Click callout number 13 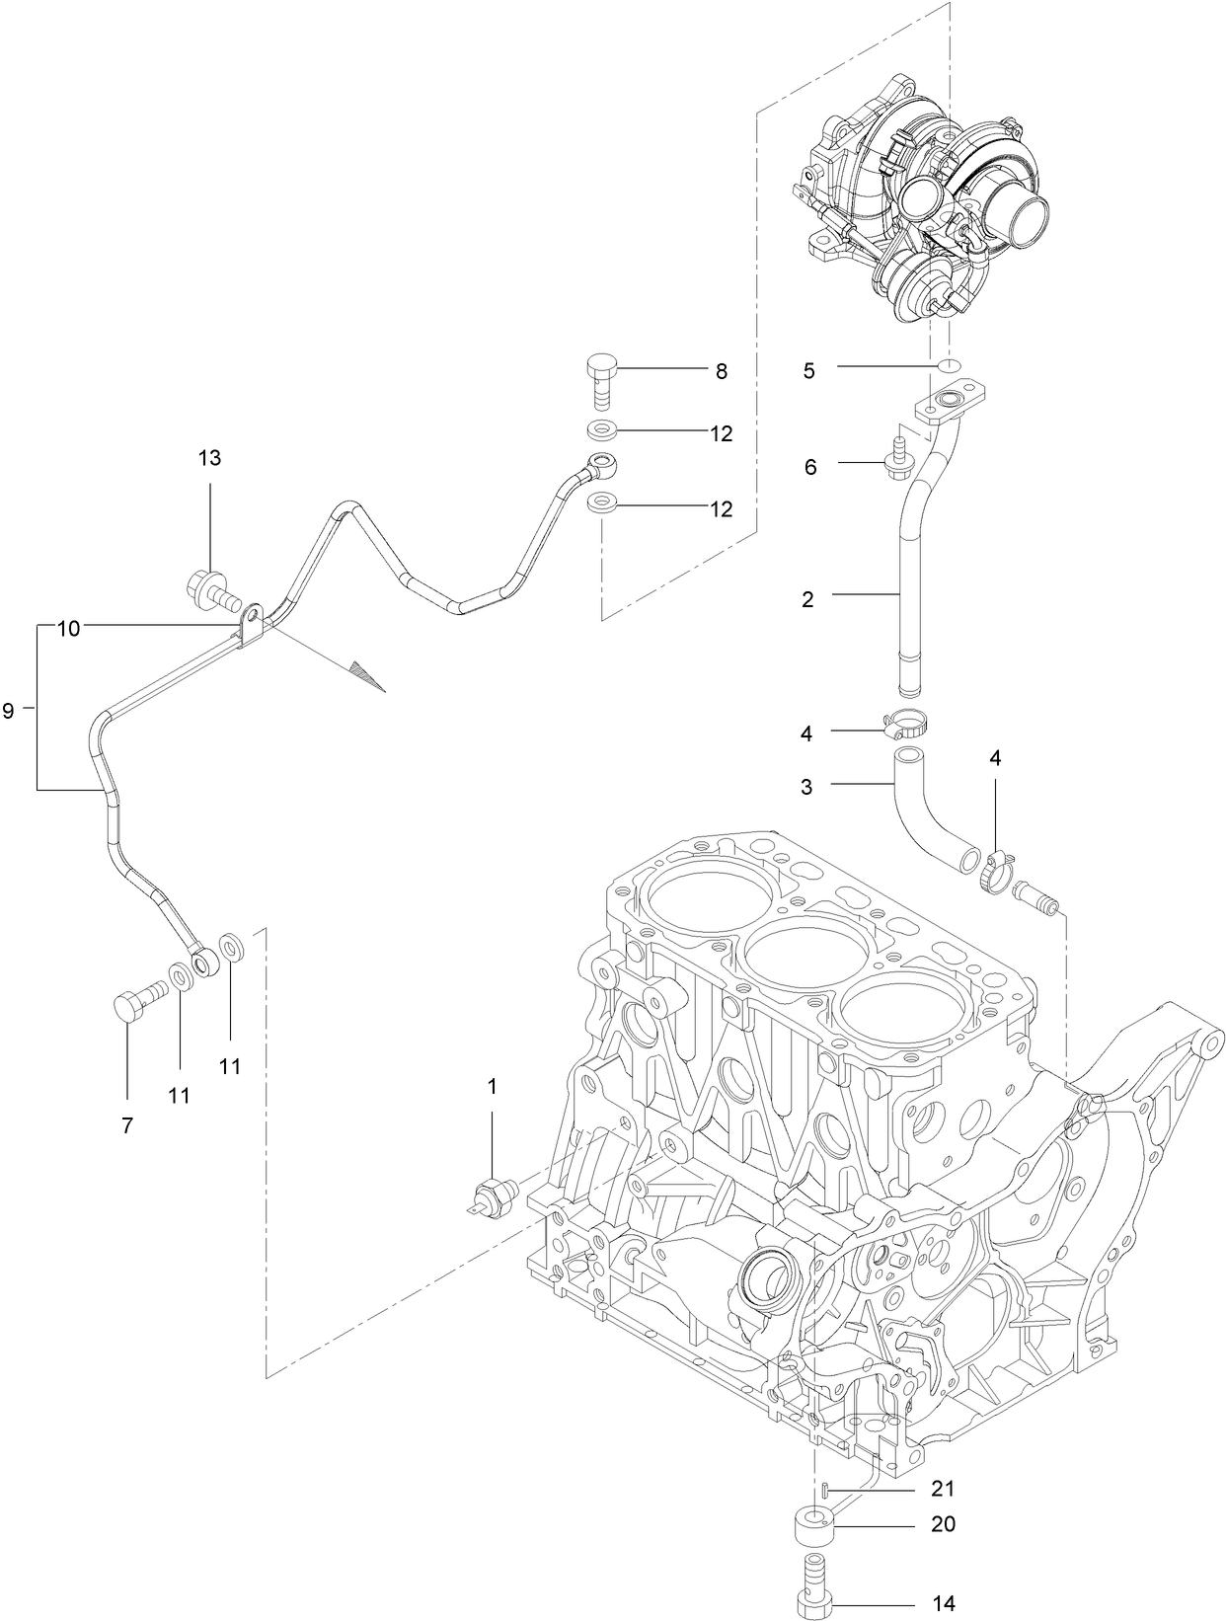tap(209, 458)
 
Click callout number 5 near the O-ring tap(809, 372)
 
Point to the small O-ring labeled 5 tap(949, 367)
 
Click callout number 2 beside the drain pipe tap(807, 599)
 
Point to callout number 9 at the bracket tap(9, 709)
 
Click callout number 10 tap(68, 628)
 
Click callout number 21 tap(943, 1489)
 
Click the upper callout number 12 tap(722, 433)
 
